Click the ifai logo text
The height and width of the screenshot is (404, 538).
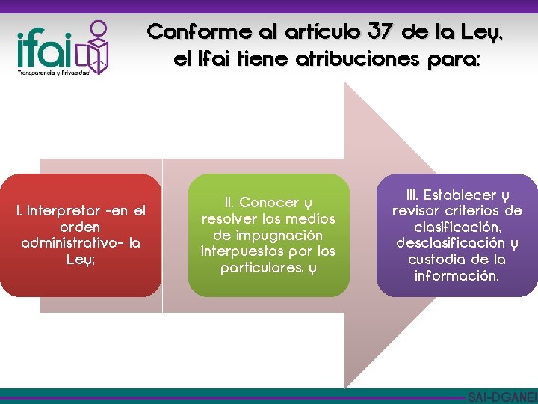(43, 50)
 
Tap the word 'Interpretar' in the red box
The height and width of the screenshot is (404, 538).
(61, 211)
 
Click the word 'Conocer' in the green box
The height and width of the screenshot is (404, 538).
(268, 203)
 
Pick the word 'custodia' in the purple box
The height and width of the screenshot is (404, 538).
(436, 260)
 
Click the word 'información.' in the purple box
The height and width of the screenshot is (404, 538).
(457, 275)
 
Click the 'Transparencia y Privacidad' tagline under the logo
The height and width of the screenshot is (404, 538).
(52, 73)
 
